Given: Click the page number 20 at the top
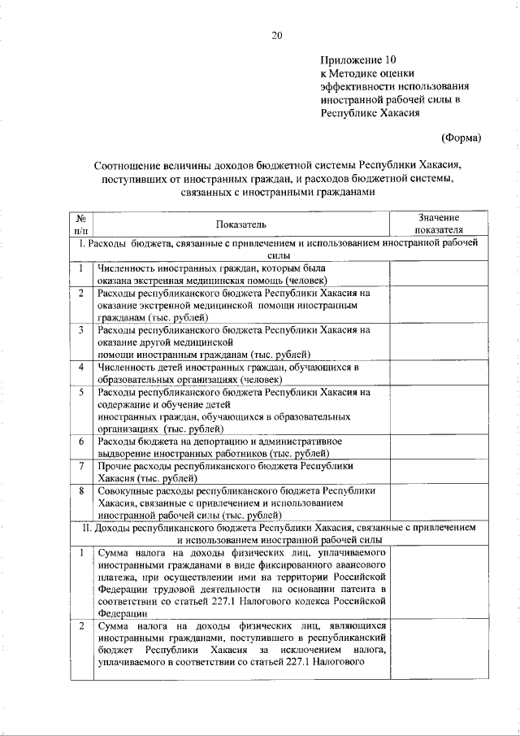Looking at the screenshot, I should pos(276,35).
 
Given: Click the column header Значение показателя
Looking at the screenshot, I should pos(439,224).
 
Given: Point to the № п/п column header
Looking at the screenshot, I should pos(81,224).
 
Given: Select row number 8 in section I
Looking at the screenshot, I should pos(81,491).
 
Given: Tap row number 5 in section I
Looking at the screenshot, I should pos(81,391).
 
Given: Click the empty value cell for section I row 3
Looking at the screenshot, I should pos(439,342).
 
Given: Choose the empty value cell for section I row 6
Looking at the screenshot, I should pos(439,447).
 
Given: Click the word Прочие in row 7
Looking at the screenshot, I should pos(115,467).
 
